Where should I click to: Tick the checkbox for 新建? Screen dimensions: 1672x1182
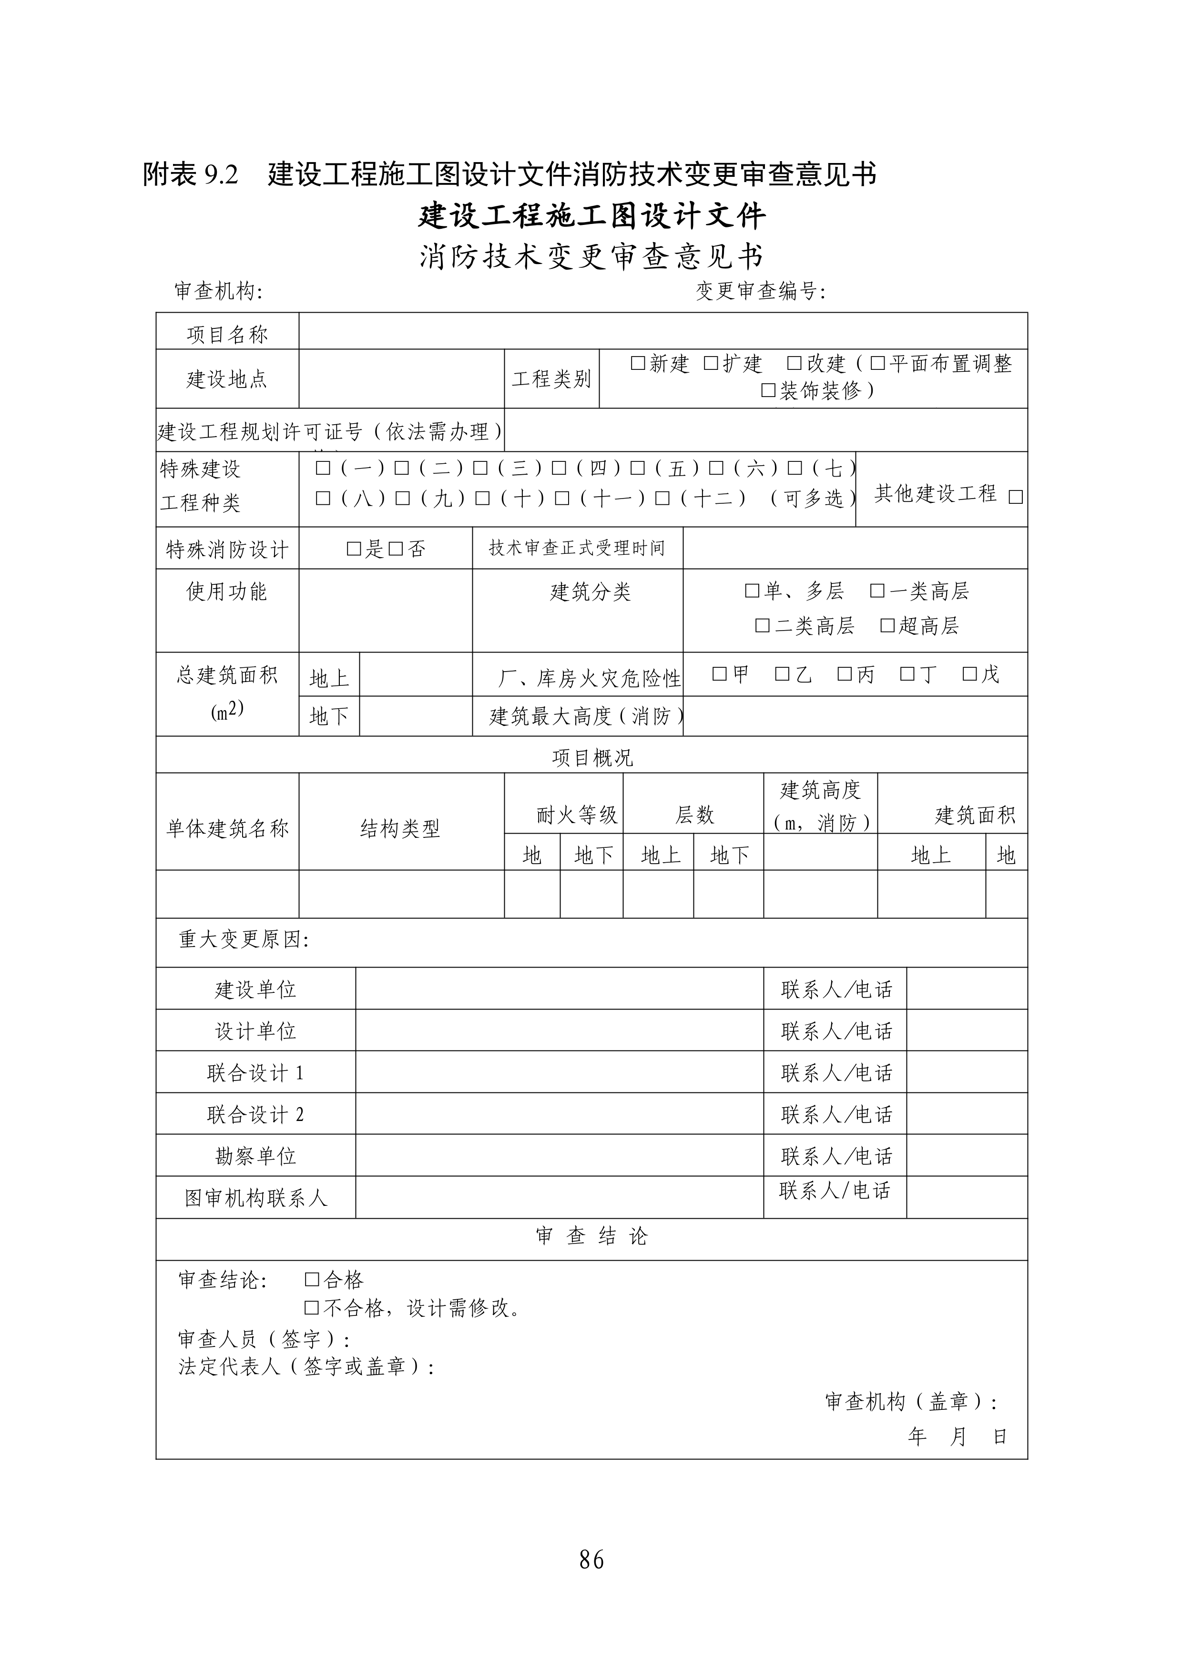pyautogui.click(x=638, y=363)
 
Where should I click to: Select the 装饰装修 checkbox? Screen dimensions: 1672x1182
pyautogui.click(x=768, y=390)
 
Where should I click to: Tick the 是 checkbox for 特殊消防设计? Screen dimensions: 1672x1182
pyautogui.click(x=354, y=548)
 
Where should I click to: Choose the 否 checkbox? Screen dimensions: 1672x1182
pyautogui.click(x=396, y=548)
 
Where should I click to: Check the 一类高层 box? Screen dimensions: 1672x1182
pyautogui.click(x=877, y=591)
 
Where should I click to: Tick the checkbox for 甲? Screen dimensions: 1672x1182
pyautogui.click(x=720, y=674)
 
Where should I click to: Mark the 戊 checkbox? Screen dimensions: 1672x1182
pyautogui.click(x=970, y=674)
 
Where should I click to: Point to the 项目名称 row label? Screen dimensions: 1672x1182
pyautogui.click(x=227, y=334)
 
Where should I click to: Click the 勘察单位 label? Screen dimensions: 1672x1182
pyautogui.click(x=255, y=1156)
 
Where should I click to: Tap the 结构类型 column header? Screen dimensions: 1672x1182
pyautogui.click(x=400, y=828)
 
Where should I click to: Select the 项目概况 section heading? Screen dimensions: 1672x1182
pyautogui.click(x=592, y=758)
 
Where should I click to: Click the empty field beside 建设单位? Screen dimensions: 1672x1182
pyautogui.click(x=560, y=988)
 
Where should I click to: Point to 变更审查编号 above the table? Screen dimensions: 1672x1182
pyautogui.click(x=760, y=291)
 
